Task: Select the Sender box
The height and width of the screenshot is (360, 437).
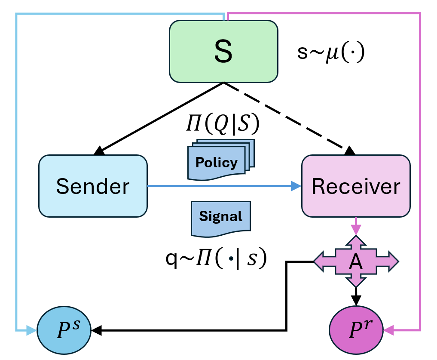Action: [92, 186]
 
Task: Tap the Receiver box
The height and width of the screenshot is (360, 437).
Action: [356, 186]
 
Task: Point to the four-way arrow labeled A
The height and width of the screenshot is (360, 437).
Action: [356, 262]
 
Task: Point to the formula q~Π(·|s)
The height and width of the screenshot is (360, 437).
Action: [217, 258]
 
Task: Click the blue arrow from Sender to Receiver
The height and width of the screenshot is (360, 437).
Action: [223, 186]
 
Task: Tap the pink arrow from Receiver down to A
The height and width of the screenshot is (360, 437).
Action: [356, 226]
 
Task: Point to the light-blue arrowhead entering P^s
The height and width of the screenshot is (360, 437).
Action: [32, 330]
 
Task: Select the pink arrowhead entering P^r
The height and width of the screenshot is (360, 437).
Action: [389, 330]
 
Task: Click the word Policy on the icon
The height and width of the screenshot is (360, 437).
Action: [216, 163]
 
